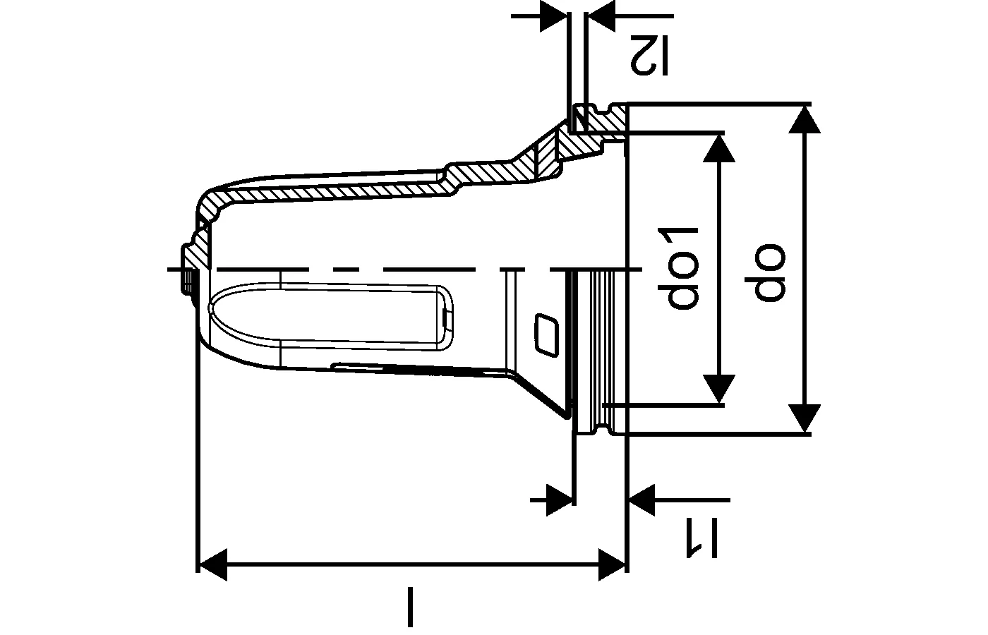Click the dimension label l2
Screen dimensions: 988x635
point(649,56)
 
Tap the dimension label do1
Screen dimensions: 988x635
point(678,269)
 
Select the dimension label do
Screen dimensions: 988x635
point(765,272)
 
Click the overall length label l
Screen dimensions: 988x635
point(410,607)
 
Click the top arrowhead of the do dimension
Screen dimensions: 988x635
point(805,119)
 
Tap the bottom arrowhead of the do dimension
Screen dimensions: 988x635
point(805,418)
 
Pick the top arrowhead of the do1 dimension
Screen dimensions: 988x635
point(719,148)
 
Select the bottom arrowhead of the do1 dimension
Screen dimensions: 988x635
point(719,389)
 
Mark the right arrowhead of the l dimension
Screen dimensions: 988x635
point(612,565)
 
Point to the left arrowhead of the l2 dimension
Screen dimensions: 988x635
point(553,16)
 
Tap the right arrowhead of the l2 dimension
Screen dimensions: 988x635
point(601,16)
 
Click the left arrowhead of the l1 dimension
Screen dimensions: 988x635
point(559,500)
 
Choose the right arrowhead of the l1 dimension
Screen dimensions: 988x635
point(641,500)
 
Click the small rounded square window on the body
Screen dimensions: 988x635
point(546,334)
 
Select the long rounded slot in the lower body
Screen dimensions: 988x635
point(331,317)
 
